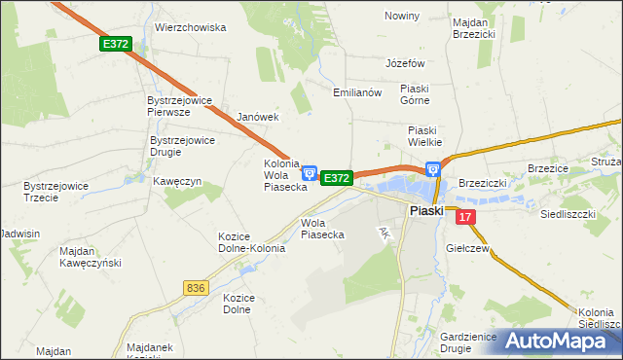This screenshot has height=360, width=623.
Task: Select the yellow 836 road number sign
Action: [196, 287]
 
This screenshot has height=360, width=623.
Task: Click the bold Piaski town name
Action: [426, 210]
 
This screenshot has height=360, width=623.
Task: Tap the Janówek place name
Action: [258, 117]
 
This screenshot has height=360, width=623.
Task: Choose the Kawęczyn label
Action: [177, 181]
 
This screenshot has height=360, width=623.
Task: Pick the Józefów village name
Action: [406, 62]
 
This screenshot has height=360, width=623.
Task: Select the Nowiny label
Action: [402, 17]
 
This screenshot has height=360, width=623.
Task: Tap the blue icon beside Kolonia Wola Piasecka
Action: [309, 173]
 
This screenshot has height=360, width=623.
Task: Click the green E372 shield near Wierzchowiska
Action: [115, 44]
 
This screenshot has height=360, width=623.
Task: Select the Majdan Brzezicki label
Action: [474, 26]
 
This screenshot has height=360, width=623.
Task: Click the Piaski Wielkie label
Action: [425, 135]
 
